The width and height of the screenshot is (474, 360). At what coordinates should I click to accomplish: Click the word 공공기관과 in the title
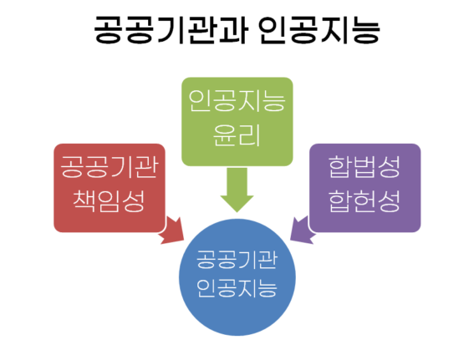[x=171, y=29]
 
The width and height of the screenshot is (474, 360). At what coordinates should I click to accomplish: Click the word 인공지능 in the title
[x=319, y=29]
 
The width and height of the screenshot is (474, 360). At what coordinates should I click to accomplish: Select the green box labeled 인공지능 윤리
[x=237, y=122]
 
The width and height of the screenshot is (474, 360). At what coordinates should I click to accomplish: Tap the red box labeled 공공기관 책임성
[x=110, y=188]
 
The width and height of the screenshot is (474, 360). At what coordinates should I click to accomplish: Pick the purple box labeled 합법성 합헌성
[x=364, y=188]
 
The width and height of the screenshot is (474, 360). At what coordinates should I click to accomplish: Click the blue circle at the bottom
[x=237, y=277]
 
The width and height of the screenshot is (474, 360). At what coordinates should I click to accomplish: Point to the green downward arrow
[x=237, y=190]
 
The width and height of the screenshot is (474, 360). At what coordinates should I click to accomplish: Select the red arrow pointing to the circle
[x=171, y=231]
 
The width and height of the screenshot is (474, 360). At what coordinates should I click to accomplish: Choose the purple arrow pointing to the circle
[x=303, y=231]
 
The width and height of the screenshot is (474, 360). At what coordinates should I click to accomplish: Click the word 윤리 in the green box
[x=237, y=135]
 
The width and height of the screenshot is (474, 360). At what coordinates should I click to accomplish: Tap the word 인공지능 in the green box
[x=237, y=101]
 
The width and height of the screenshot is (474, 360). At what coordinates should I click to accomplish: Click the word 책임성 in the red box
[x=110, y=201]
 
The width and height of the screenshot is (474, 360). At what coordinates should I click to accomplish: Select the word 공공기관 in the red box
[x=110, y=167]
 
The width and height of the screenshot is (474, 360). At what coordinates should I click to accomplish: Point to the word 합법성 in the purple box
[x=364, y=167]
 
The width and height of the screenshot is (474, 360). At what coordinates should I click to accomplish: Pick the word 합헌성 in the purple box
[x=364, y=201]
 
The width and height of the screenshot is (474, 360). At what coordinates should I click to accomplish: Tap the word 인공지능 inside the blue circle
[x=237, y=288]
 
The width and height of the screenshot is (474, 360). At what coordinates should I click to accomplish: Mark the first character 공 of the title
[x=109, y=29]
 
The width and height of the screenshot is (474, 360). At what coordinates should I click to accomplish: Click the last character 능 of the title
[x=366, y=29]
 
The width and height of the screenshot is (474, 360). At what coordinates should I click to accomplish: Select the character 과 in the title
[x=234, y=29]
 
